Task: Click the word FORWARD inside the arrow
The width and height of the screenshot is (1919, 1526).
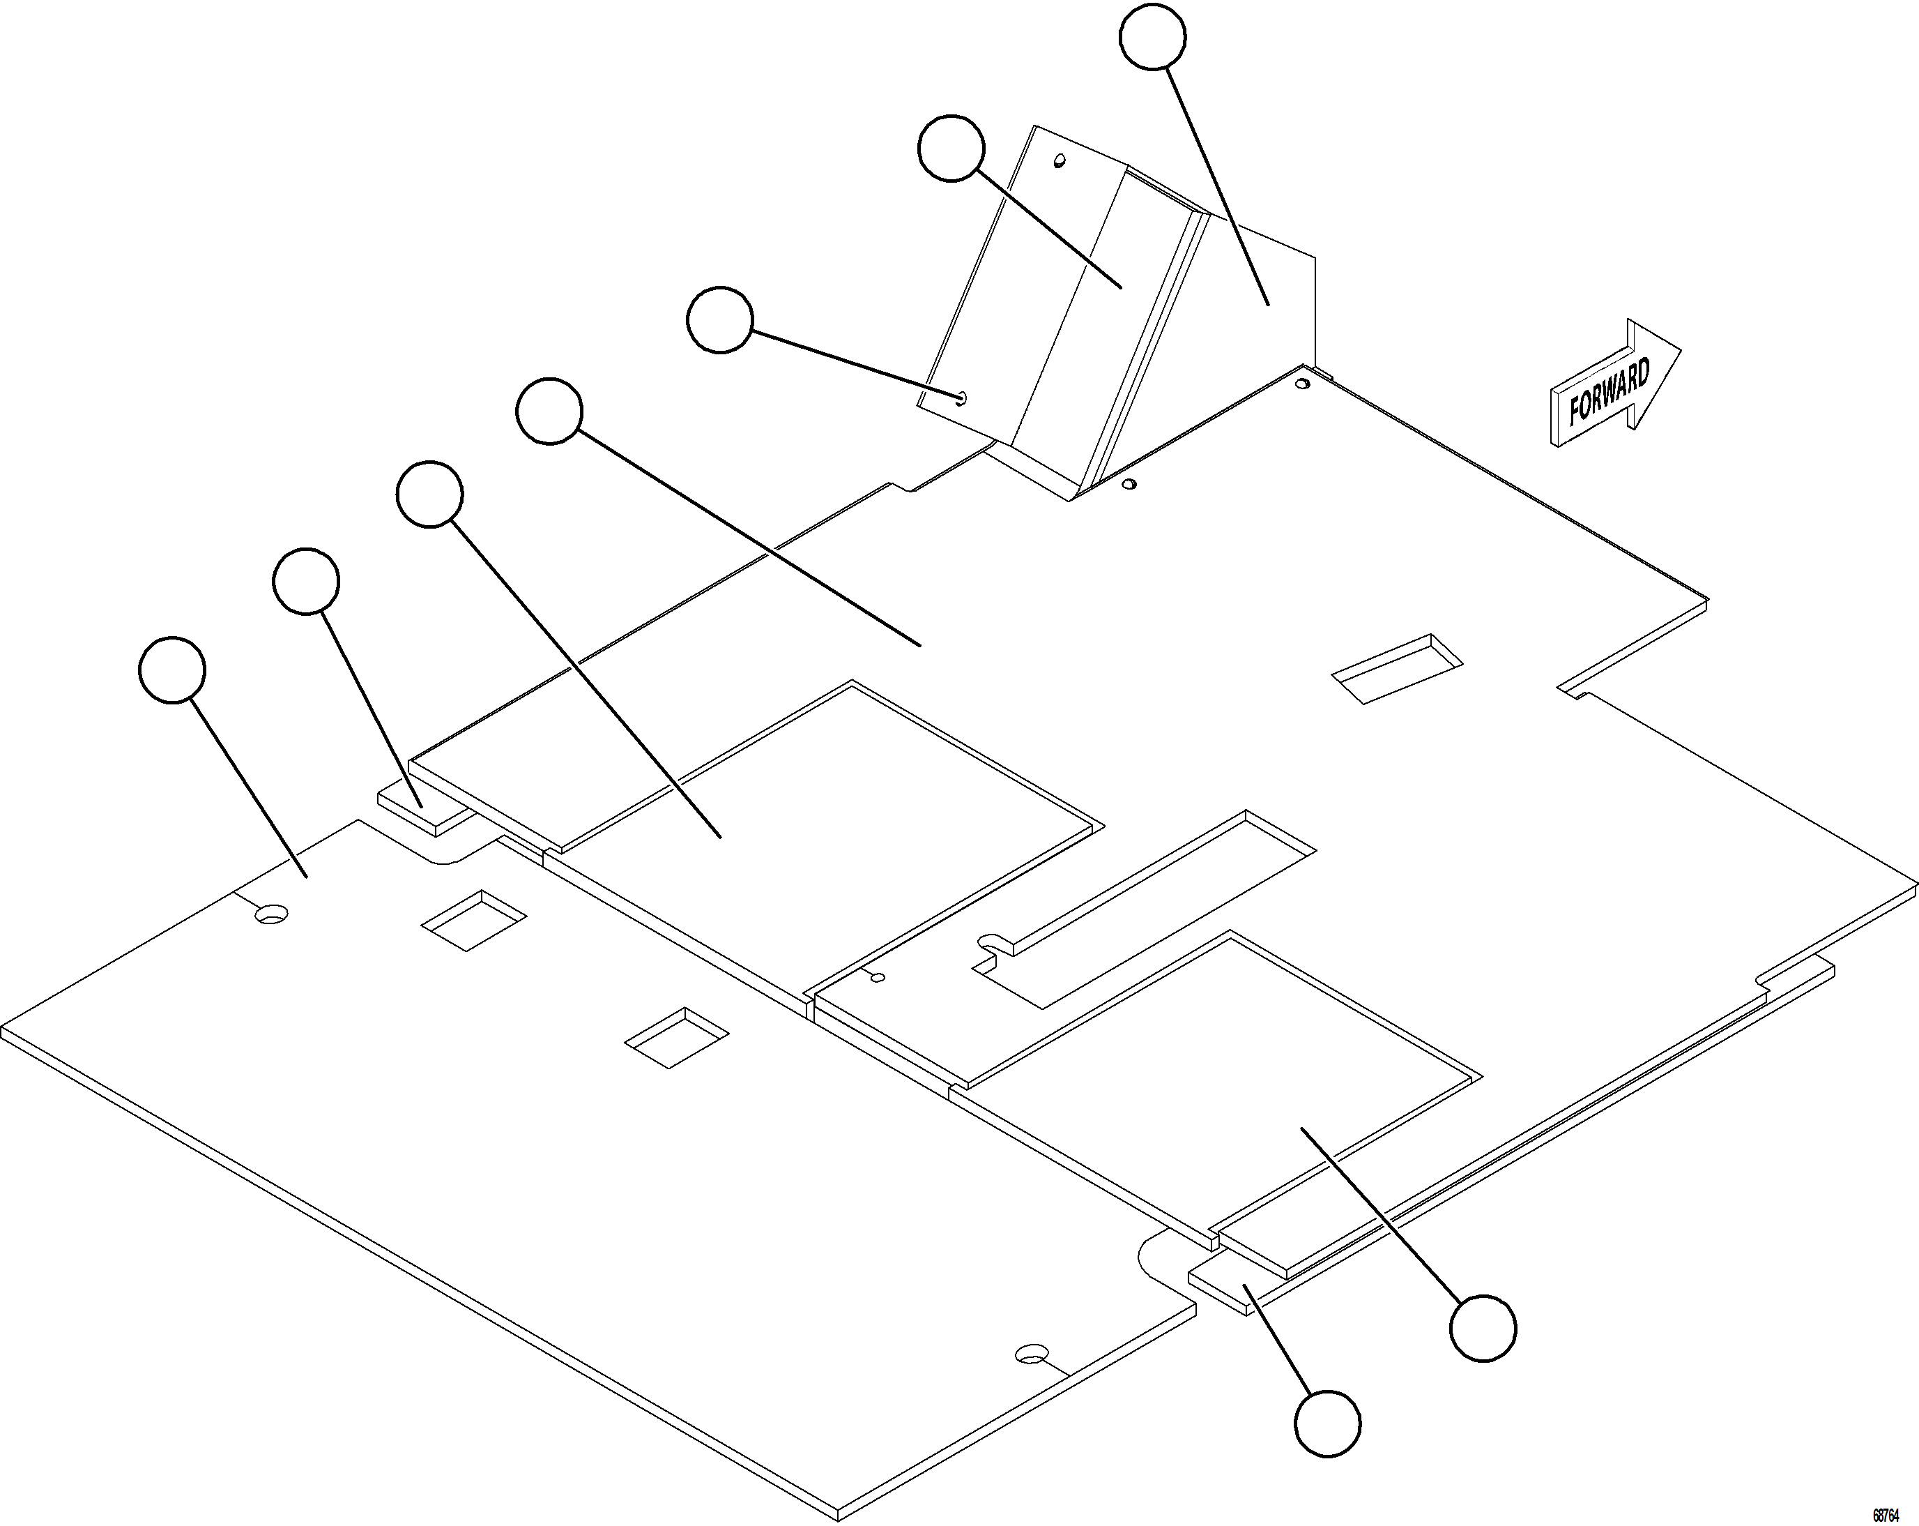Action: [1610, 392]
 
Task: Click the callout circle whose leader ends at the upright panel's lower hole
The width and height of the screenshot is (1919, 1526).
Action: [720, 319]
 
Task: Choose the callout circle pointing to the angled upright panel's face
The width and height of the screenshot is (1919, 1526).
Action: [951, 148]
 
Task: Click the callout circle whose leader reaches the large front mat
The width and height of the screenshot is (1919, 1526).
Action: [173, 670]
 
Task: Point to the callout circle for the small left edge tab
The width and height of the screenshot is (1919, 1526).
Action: [305, 580]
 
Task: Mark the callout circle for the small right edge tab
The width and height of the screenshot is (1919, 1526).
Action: [1327, 1423]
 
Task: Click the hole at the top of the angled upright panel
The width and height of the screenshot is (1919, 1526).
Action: [1060, 161]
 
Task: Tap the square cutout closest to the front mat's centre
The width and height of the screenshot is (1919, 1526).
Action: [676, 1037]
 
